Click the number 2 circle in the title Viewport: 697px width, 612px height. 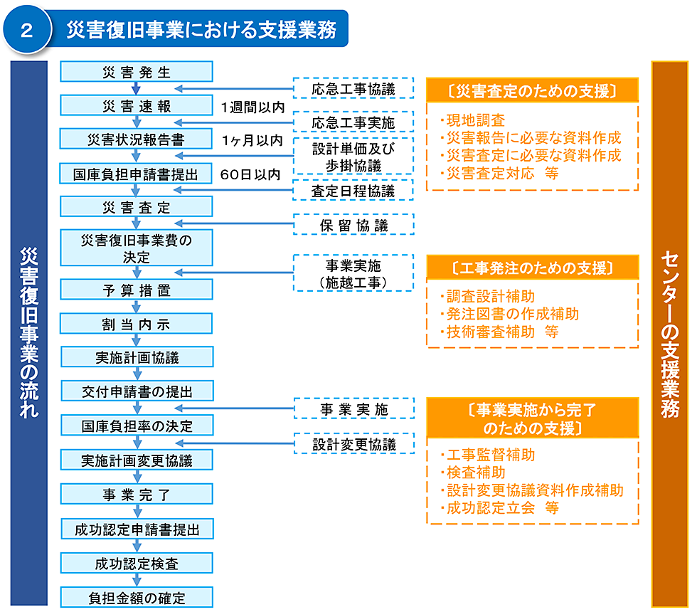click(27, 29)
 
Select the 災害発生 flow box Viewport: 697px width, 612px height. click(137, 72)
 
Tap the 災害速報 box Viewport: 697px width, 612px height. click(137, 106)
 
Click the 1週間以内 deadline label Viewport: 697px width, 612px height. click(252, 107)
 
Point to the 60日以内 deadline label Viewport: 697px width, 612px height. click(250, 174)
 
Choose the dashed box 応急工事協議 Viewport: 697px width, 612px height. click(353, 88)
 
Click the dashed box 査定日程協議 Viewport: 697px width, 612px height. click(353, 191)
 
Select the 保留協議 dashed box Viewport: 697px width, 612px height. click(354, 225)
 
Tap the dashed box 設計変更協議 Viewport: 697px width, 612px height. click(354, 444)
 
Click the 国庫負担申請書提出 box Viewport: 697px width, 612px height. click(136, 174)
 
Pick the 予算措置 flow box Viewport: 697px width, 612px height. click(137, 290)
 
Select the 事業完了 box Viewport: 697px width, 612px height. click(137, 494)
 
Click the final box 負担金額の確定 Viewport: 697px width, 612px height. click(137, 597)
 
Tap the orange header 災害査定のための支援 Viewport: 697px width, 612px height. click(533, 91)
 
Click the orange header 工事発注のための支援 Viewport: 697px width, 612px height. click(533, 268)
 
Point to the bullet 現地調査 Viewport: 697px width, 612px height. click(474, 120)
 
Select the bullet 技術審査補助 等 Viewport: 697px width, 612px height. click(499, 332)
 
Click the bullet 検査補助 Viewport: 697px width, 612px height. click(474, 473)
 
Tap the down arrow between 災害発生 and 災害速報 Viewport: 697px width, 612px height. click(137, 88)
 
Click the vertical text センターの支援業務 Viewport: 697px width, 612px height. click(669, 334)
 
